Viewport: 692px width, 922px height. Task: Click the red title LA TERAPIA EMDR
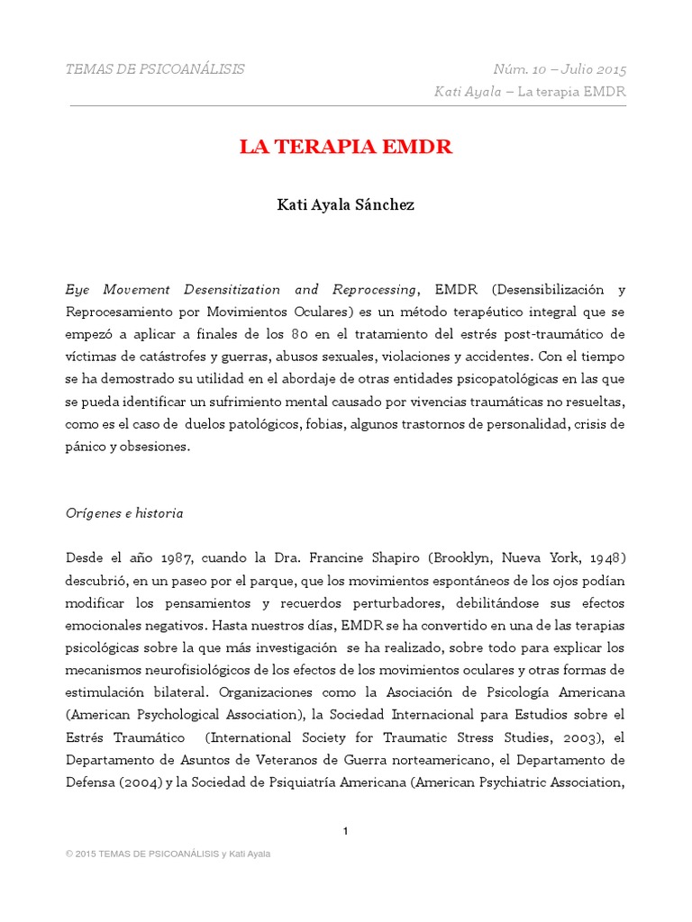coord(345,148)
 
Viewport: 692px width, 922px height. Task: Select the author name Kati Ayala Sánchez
coord(345,205)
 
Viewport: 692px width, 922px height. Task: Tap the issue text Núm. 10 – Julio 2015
coord(560,69)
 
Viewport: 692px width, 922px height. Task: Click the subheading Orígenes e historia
coord(124,513)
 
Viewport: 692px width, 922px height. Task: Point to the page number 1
coord(345,831)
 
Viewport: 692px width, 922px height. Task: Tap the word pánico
coord(85,447)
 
